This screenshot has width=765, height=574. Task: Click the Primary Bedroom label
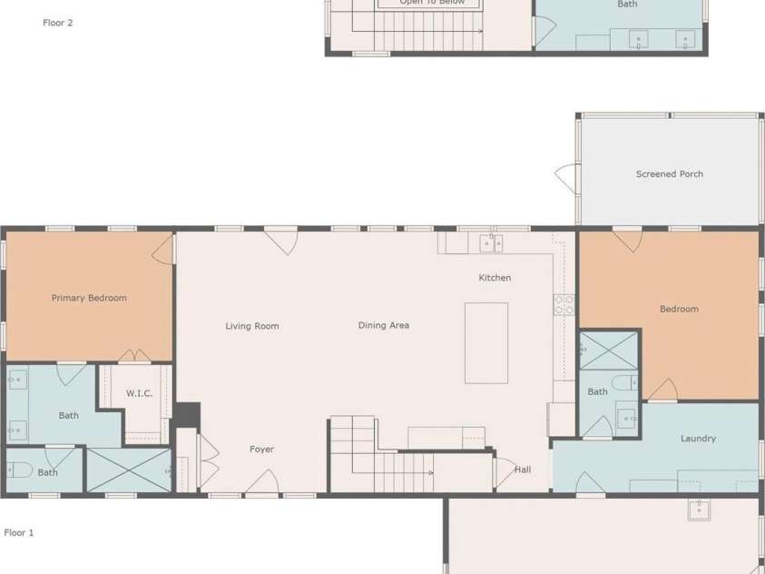[x=89, y=298]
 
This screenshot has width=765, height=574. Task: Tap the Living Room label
[x=252, y=326]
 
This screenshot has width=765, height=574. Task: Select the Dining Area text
[x=383, y=325]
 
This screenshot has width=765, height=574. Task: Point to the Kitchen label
[x=495, y=278]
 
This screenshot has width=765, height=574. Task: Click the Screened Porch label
[x=669, y=174]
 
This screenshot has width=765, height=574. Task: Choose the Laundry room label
[x=698, y=439]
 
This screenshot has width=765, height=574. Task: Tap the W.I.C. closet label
[x=139, y=393]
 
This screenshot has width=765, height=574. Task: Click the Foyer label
[x=261, y=450]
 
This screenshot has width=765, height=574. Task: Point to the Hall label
[x=523, y=470]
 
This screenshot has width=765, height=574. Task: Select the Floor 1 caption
[x=19, y=533]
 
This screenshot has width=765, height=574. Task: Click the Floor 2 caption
[x=57, y=23]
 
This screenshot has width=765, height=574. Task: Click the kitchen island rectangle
[x=486, y=342]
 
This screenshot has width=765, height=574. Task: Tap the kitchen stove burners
[x=564, y=304]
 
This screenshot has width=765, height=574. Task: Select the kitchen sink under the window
[x=491, y=242]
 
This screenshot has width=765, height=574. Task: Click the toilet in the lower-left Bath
[x=19, y=470]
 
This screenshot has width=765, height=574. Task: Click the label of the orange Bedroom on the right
[x=679, y=310]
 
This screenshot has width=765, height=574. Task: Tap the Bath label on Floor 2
[x=627, y=5]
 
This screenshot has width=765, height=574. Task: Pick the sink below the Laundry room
[x=698, y=510]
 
